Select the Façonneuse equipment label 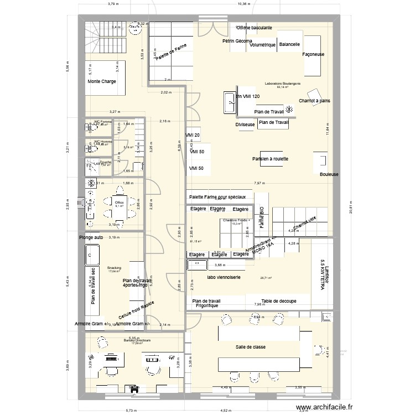click(x=314, y=55)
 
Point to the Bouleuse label click(x=329, y=174)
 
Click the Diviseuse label click(x=245, y=125)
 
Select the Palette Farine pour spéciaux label click(x=221, y=197)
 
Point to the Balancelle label click(x=289, y=44)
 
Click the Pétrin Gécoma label click(x=237, y=41)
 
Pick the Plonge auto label click(x=92, y=237)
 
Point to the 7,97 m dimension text click(x=258, y=183)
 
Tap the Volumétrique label click(x=262, y=45)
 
